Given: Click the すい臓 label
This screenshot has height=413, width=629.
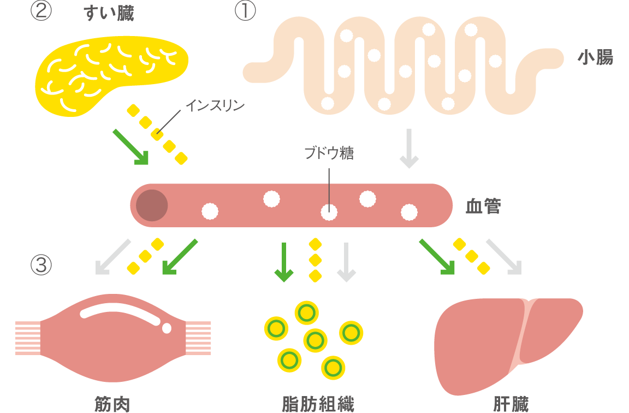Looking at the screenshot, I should coord(109,13).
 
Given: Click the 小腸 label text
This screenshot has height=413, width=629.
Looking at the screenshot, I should coord(595,57).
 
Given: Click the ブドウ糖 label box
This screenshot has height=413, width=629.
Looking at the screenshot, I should coord(318,154).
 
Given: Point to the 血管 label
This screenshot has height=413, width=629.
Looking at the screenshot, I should coord(483,206).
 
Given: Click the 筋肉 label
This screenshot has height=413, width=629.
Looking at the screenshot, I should coord(112,404).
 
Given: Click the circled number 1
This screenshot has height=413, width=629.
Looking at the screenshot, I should coord(245,11).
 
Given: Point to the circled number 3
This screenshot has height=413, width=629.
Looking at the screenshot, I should coord(41,265).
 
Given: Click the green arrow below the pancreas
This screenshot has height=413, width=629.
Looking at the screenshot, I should coord(130,146).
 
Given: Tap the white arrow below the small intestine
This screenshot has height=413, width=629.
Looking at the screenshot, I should coord(409,149).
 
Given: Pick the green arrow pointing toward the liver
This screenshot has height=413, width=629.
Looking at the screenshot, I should coord(437,256).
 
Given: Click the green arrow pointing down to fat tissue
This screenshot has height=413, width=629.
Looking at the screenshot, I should coord(283,262).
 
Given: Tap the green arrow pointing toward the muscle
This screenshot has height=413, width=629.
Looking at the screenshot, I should coord(179,256).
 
